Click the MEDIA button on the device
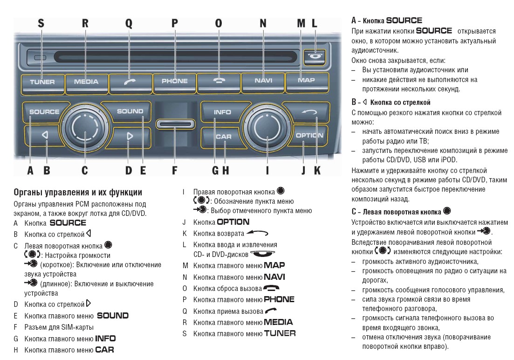[86, 82]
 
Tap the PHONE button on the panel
[175, 81]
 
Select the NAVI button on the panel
[263, 81]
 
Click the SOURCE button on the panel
[44, 112]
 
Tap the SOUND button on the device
[130, 111]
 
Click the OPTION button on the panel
[309, 136]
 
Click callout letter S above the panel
[41, 23]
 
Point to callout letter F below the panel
[175, 170]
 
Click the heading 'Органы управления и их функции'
[78, 193]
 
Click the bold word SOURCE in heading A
[404, 21]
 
